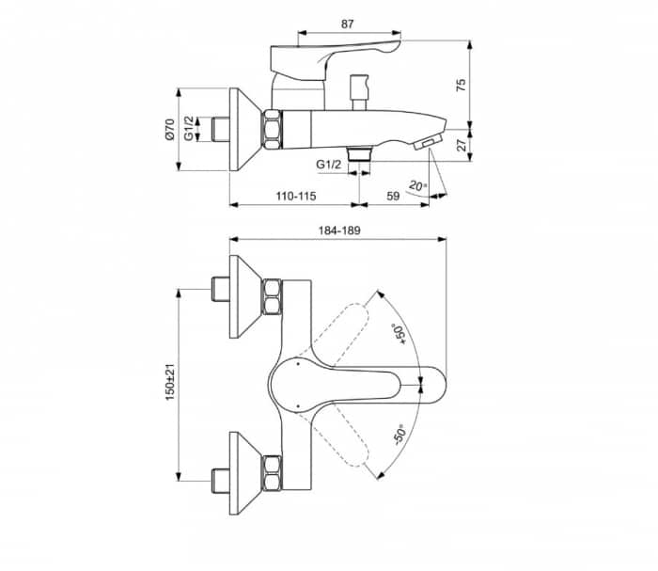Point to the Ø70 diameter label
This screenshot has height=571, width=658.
coord(169,130)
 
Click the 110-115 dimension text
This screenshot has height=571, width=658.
coord(294,195)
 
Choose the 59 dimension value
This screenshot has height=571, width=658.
coord(393,195)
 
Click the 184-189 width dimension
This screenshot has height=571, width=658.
coord(338,230)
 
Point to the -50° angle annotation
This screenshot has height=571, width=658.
coord(398,436)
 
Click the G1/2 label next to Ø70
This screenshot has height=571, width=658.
coord(189,130)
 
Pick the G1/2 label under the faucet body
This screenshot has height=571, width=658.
coord(329,165)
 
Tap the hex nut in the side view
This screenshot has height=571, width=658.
coord(272,129)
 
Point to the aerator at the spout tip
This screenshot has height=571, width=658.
coord(429,142)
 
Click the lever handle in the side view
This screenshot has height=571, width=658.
coord(334,56)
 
